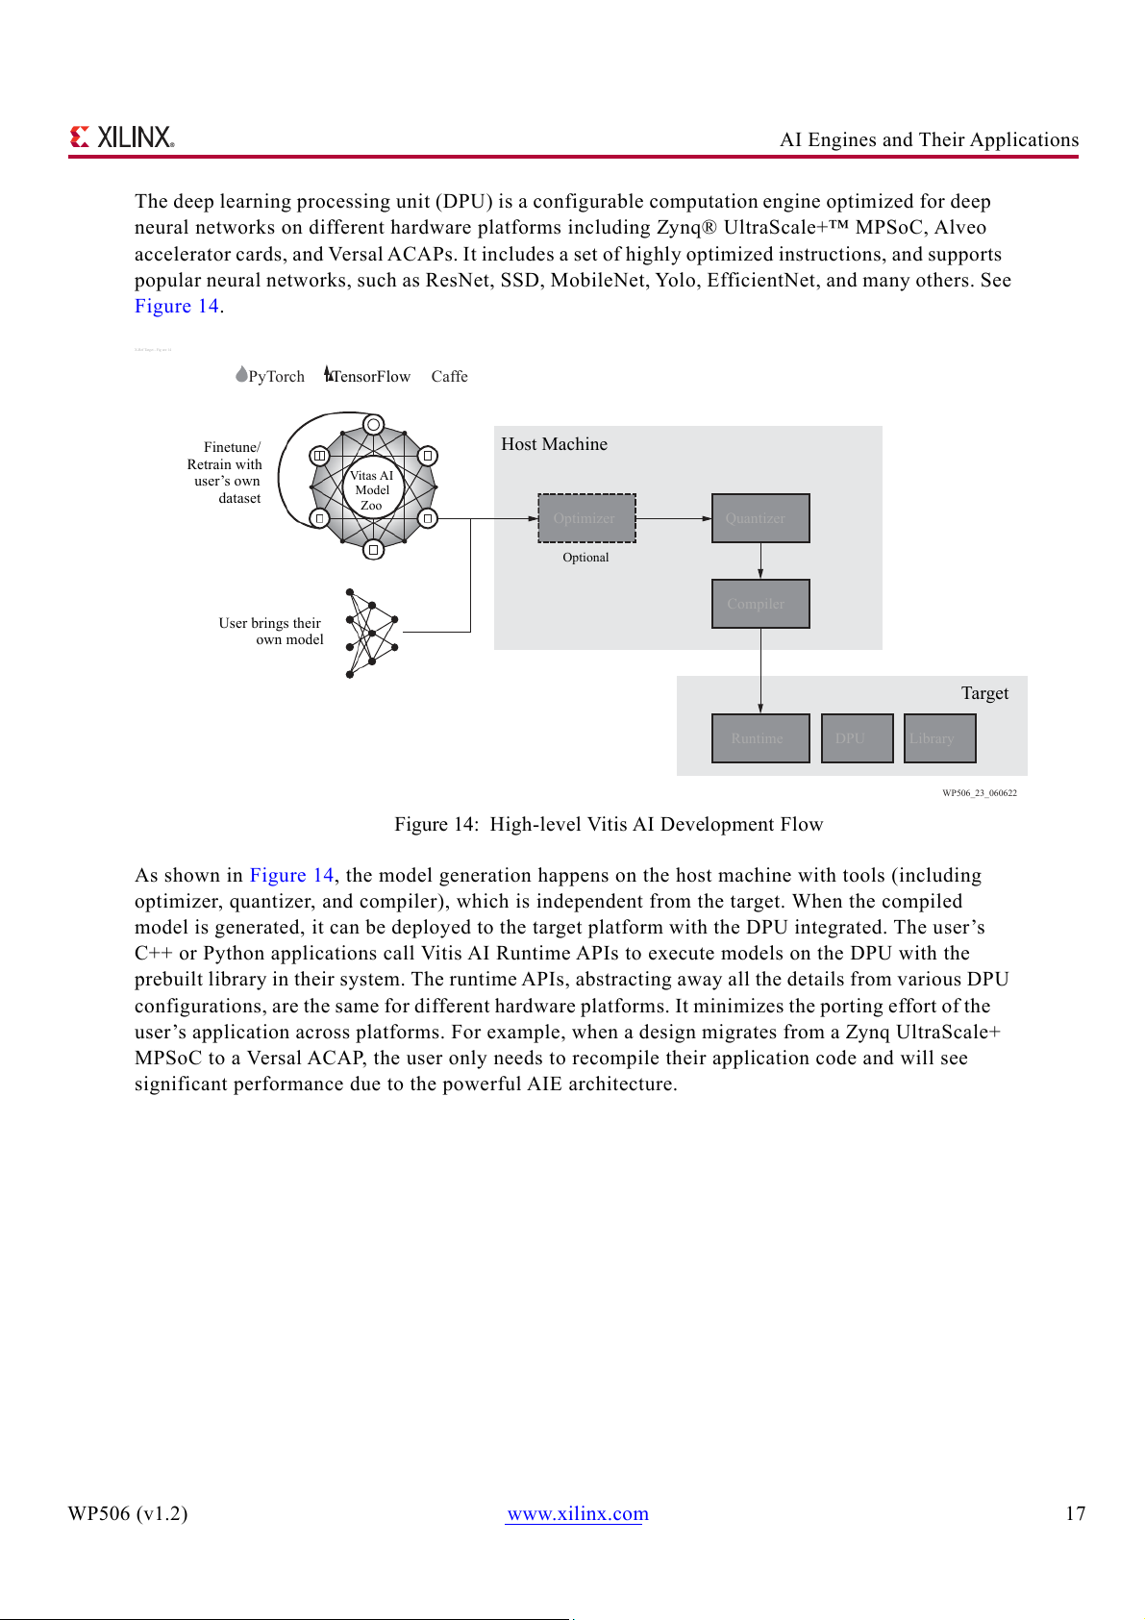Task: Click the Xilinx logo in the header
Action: [122, 137]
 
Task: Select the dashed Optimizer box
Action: [586, 518]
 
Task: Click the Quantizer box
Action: [760, 518]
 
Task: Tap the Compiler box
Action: [760, 604]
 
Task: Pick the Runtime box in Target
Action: [760, 738]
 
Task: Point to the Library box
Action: [939, 738]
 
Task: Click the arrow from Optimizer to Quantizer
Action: [673, 518]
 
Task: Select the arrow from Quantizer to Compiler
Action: [760, 561]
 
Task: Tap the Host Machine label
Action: [554, 444]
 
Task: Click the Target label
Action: [984, 693]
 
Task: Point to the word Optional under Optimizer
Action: [585, 558]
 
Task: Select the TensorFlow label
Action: [370, 377]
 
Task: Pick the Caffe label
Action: [449, 377]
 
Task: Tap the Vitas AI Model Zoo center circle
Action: [372, 489]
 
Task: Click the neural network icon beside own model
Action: [371, 634]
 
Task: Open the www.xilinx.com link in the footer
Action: [578, 1513]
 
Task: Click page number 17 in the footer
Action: [1075, 1513]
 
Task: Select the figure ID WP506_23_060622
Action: [979, 793]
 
